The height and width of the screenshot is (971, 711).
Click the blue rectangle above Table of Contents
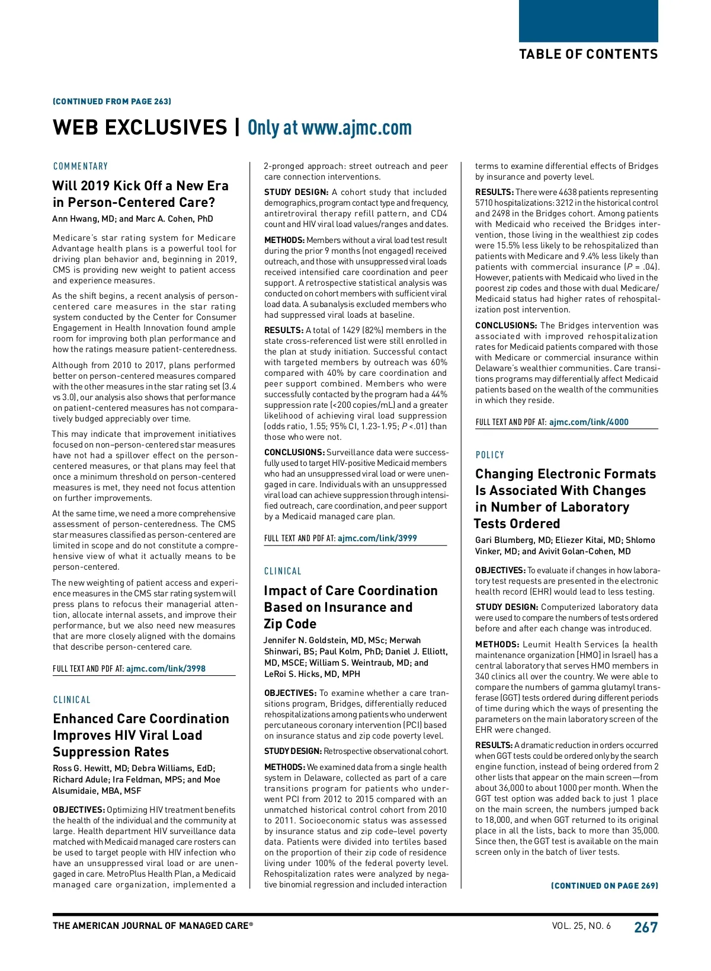click(588, 21)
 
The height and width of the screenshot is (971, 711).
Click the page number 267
click(646, 927)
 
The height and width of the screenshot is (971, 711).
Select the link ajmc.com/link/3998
click(166, 669)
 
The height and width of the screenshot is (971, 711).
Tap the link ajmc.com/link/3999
click(377, 538)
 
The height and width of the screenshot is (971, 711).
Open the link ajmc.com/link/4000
click(589, 422)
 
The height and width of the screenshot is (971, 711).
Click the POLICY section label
click(490, 455)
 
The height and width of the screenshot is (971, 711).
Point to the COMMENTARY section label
click(81, 167)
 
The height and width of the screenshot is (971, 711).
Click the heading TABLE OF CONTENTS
click(588, 55)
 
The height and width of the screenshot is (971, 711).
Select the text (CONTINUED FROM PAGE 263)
click(112, 101)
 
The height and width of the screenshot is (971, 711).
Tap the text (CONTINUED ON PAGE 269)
click(604, 886)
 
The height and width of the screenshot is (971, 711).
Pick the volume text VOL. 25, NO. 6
click(581, 926)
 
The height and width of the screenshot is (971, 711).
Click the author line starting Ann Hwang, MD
click(133, 219)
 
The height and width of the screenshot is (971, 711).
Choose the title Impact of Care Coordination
click(351, 591)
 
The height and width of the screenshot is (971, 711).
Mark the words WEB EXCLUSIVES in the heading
click(140, 127)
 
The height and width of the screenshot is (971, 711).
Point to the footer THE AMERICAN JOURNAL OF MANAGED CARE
click(153, 926)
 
